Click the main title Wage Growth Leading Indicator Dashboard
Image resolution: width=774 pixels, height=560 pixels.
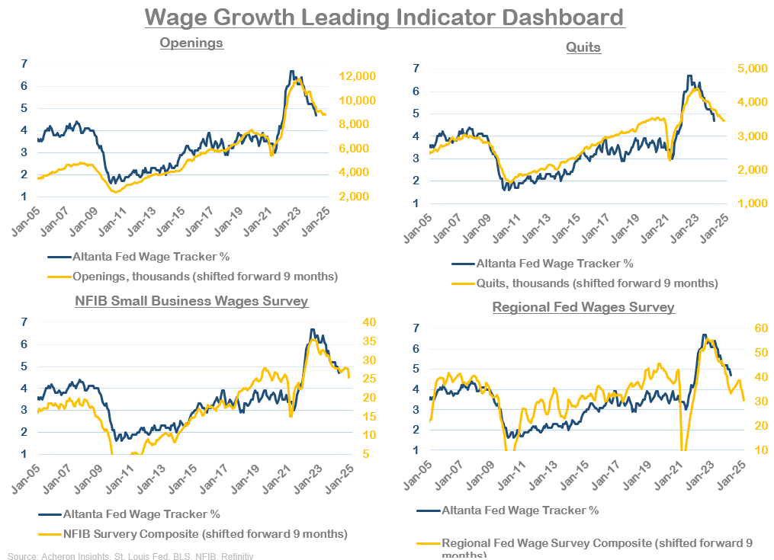[384, 17]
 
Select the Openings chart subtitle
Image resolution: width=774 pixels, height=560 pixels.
[191, 43]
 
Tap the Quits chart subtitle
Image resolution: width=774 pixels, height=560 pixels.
[583, 47]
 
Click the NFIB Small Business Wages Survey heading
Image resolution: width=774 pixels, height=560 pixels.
[191, 301]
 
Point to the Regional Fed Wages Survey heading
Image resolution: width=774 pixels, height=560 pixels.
[583, 308]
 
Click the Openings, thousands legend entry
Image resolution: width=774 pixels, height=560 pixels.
[204, 276]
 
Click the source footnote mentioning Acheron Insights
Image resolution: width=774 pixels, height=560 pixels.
[130, 555]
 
